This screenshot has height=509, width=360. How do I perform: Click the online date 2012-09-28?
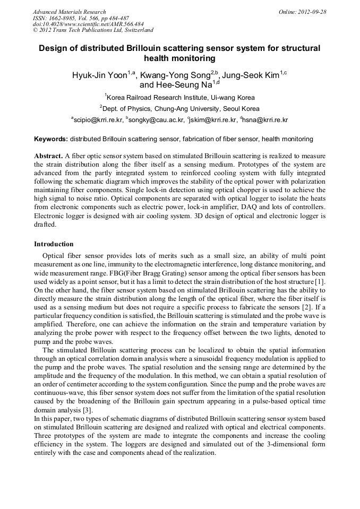pyautogui.click(x=311, y=12)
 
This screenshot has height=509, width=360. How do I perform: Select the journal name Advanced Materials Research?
pyautogui.click(x=69, y=12)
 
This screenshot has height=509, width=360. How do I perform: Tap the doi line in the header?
pyautogui.click(x=88, y=24)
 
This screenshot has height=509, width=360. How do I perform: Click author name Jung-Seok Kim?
pyautogui.click(x=250, y=75)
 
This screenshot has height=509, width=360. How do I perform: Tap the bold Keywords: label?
pyautogui.click(x=51, y=139)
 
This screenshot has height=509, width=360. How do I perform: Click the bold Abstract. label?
pyautogui.click(x=48, y=156)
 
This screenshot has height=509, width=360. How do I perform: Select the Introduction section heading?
pyautogui.click(x=54, y=244)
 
